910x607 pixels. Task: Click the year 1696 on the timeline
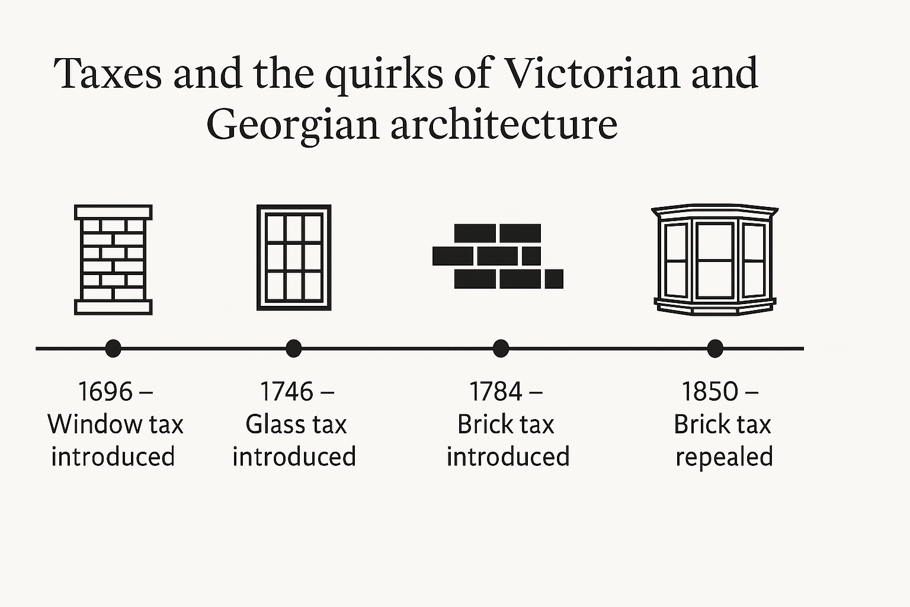click(x=105, y=391)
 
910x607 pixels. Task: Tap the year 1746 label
click(x=287, y=391)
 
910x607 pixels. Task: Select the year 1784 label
click(x=496, y=391)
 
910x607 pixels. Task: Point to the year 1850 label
click(x=710, y=391)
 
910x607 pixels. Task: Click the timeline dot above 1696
click(x=113, y=349)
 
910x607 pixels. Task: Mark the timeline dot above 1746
click(x=293, y=349)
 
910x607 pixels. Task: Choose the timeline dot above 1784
click(x=501, y=349)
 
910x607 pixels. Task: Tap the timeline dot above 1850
click(x=715, y=349)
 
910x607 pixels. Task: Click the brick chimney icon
click(x=113, y=259)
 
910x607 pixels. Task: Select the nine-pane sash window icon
click(x=294, y=257)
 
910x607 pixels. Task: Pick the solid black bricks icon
click(x=498, y=256)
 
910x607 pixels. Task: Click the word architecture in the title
click(x=504, y=124)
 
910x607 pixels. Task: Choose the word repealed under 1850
click(x=724, y=456)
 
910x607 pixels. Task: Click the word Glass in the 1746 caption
click(x=270, y=424)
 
